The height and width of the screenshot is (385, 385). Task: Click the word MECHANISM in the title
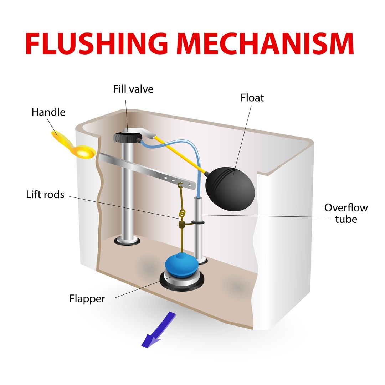pyautogui.click(x=265, y=44)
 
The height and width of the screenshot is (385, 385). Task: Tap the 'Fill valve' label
pyautogui.click(x=133, y=89)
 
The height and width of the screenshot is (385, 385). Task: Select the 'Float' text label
pyautogui.click(x=252, y=98)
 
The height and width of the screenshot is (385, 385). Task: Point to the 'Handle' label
pyautogui.click(x=48, y=112)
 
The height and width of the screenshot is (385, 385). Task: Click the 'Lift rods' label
pyautogui.click(x=45, y=195)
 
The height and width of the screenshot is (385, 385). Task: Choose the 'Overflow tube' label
pyautogui.click(x=346, y=213)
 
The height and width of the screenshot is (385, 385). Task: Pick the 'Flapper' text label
pyautogui.click(x=87, y=298)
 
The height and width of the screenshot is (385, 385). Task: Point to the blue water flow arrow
pyautogui.click(x=157, y=330)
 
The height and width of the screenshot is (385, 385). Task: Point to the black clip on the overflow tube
pyautogui.click(x=198, y=222)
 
